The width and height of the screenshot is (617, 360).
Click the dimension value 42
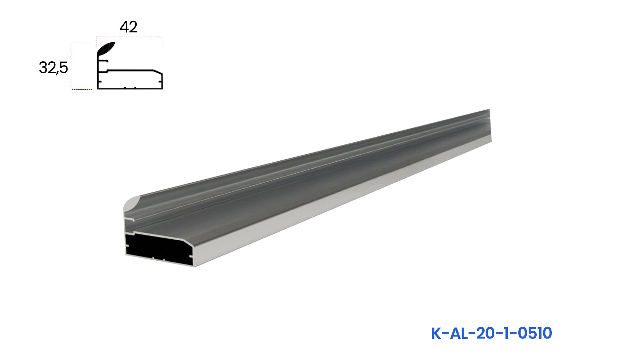click(129, 27)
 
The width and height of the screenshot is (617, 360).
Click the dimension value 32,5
click(53, 68)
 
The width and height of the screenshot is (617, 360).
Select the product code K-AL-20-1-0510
click(491, 333)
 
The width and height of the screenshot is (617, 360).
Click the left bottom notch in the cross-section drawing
click(125, 87)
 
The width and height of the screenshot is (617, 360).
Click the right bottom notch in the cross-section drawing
click(135, 87)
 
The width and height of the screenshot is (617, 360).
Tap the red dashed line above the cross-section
click(130, 36)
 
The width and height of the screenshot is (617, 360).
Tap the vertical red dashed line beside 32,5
click(71, 66)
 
